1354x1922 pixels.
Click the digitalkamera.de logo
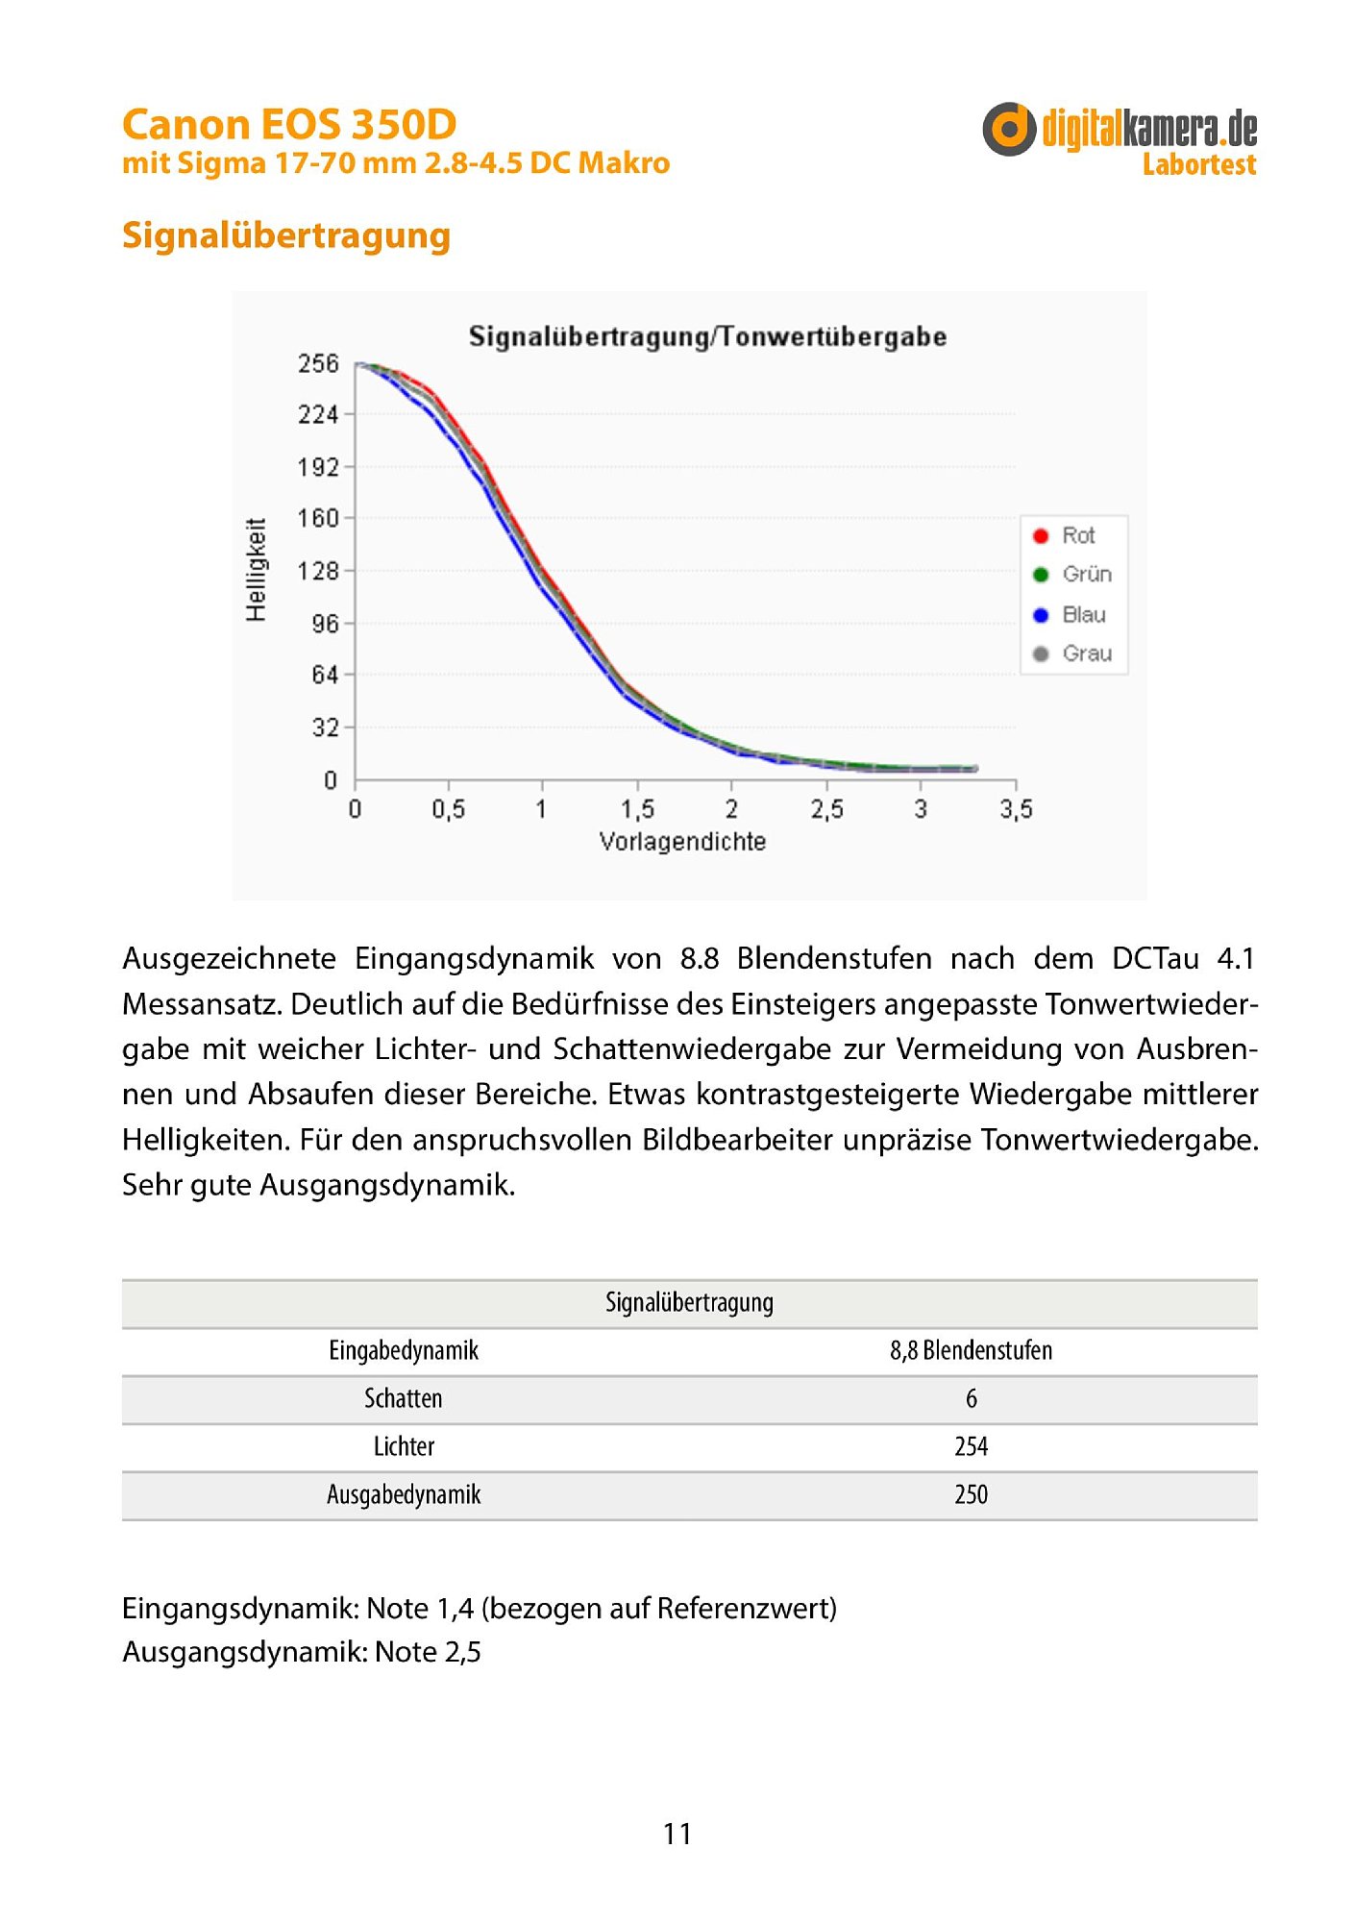tap(1119, 129)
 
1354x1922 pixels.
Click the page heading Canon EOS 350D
tap(289, 125)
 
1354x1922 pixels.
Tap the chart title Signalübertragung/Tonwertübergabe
tap(707, 336)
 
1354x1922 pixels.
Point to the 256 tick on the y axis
tap(318, 363)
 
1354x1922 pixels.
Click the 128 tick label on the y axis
tap(318, 571)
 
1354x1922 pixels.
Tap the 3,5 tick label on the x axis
tap(1016, 809)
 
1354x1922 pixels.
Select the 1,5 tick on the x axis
tap(637, 809)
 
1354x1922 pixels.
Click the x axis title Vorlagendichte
tap(682, 842)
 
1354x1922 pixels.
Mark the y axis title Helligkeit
tap(256, 570)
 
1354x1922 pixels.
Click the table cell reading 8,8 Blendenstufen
tap(971, 1350)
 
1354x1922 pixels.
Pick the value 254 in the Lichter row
tap(971, 1446)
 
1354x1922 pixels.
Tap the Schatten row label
tap(404, 1398)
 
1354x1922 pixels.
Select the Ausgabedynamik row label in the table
tap(404, 1494)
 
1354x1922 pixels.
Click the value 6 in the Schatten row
tap(971, 1398)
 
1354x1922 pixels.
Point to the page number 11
tap(677, 1834)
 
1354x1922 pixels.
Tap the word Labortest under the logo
tap(1198, 165)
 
